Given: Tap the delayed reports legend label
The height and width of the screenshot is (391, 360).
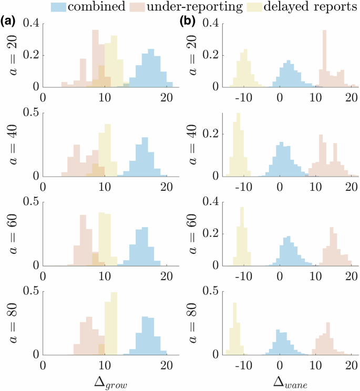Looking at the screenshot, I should click(310, 7).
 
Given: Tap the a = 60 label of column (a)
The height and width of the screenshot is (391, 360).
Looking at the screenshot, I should click(16, 234).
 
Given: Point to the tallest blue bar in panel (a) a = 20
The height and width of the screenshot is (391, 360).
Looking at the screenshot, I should click(151, 68).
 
